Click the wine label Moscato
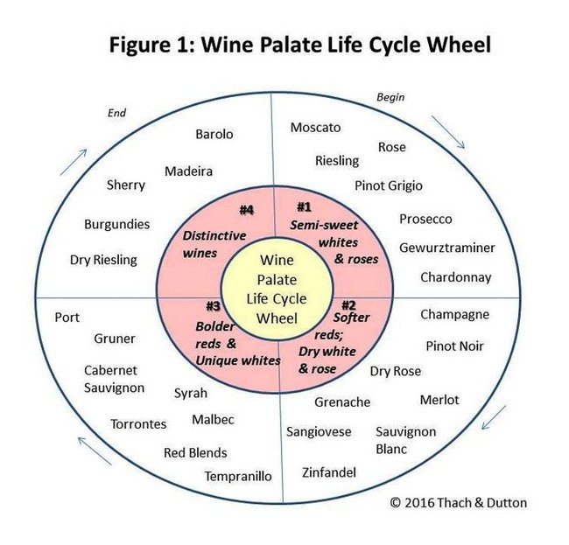(x=315, y=128)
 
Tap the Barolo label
(x=214, y=134)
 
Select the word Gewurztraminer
(x=447, y=248)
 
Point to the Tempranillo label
(x=238, y=476)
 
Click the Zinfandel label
(x=329, y=472)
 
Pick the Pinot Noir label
(x=454, y=346)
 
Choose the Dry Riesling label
(x=103, y=260)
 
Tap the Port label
(x=67, y=318)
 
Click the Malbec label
(x=213, y=420)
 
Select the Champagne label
(x=454, y=315)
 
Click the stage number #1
(x=304, y=207)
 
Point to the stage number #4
(x=246, y=210)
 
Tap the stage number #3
(x=213, y=306)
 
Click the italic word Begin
(x=390, y=97)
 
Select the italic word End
(x=116, y=113)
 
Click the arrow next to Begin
(x=448, y=132)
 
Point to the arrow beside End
(x=74, y=162)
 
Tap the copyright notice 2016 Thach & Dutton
(x=459, y=503)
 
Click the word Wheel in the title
(x=459, y=45)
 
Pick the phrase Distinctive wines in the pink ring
(x=214, y=244)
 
